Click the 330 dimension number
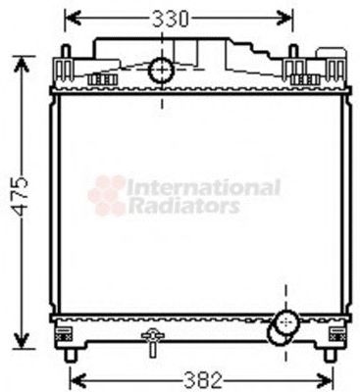[180, 17]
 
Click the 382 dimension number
[207, 377]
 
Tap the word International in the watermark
[204, 185]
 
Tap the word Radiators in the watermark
[184, 207]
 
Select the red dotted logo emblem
[107, 195]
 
